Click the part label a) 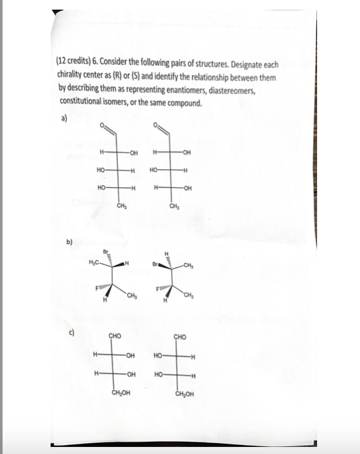[62, 119]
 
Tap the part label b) [69, 243]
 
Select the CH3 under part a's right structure [173, 206]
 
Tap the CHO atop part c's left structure [116, 334]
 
